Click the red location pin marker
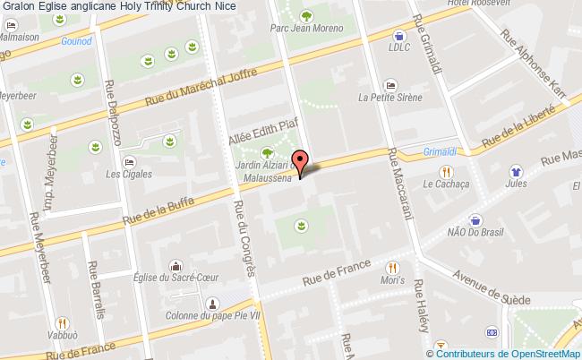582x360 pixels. (x=301, y=161)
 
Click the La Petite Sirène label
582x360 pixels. (x=389, y=98)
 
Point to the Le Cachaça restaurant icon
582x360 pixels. (x=445, y=172)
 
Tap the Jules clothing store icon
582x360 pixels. (x=516, y=171)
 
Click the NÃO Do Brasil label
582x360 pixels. (x=475, y=233)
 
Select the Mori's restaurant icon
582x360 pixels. (x=392, y=267)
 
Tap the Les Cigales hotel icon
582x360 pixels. (x=130, y=162)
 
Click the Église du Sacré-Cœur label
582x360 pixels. (x=177, y=278)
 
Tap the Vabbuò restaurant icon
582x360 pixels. (x=63, y=323)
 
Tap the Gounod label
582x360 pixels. (x=77, y=41)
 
